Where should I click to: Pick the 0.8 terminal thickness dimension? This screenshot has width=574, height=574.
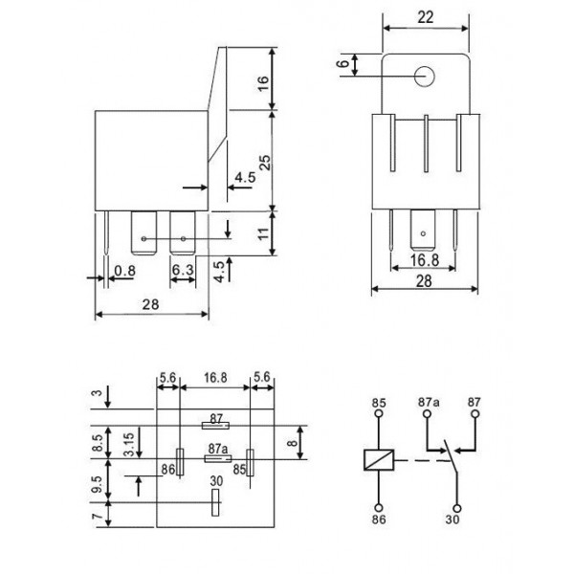[x=124, y=272]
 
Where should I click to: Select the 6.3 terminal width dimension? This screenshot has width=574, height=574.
[x=184, y=272]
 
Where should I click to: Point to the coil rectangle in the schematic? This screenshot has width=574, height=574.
[x=378, y=459]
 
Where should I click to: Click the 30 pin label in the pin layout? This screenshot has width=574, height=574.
[x=216, y=481]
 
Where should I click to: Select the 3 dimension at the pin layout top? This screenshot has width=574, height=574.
[x=96, y=393]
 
